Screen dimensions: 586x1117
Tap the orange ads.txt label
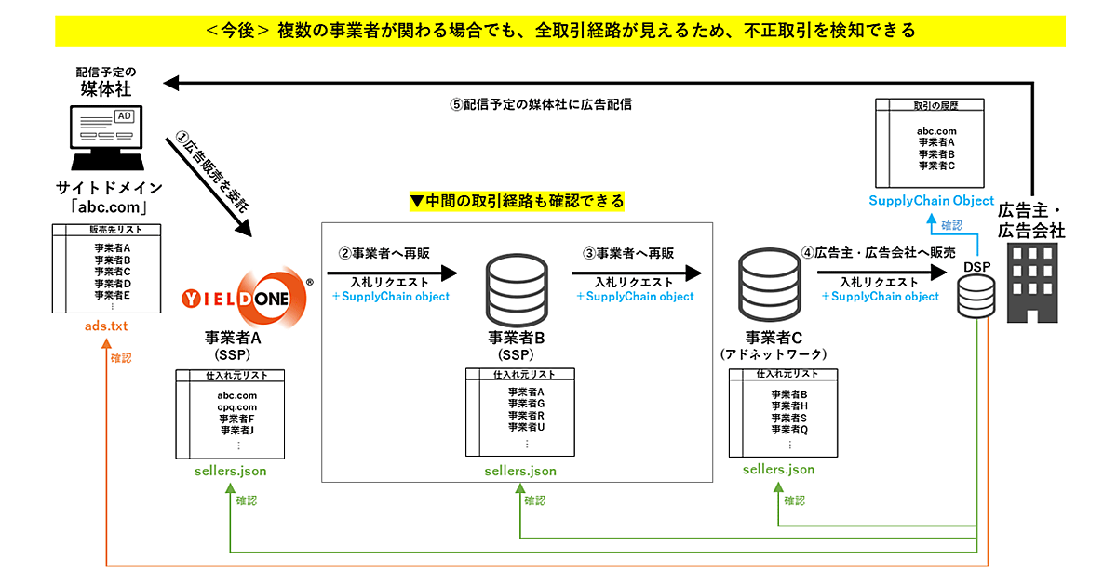pyautogui.click(x=105, y=326)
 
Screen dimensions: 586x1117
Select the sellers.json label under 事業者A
pyautogui.click(x=231, y=471)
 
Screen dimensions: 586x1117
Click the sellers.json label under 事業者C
pyautogui.click(x=779, y=469)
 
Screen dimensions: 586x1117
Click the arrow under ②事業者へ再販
pyautogui.click(x=393, y=273)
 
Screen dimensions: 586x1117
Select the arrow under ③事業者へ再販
pyautogui.click(x=635, y=273)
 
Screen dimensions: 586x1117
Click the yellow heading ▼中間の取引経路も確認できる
pyautogui.click(x=518, y=201)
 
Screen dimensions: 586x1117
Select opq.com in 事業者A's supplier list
pyautogui.click(x=237, y=406)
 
